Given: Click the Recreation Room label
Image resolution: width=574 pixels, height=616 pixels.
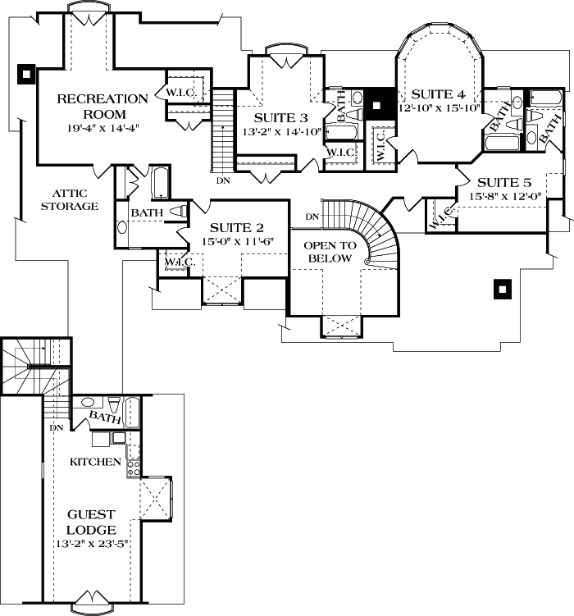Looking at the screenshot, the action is tap(102, 106).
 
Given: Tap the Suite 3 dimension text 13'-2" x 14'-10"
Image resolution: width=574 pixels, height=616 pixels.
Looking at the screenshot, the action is tap(282, 131).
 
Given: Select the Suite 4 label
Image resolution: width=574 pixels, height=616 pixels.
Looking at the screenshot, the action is tap(438, 94).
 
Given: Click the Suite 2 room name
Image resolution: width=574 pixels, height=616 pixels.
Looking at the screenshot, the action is tap(237, 228).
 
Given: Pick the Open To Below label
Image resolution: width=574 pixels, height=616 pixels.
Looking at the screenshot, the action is tap(330, 252).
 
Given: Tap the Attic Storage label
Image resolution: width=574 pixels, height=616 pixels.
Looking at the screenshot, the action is tap(70, 199).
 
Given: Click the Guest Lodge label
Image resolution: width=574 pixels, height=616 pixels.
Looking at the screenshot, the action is tap(92, 522).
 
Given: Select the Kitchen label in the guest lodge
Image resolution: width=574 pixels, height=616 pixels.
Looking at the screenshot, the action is tap(95, 462).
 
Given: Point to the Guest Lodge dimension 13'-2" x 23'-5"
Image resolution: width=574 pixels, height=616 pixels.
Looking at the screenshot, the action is tap(93, 544).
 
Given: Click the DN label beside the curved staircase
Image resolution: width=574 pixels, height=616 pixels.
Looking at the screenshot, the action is tap(312, 217).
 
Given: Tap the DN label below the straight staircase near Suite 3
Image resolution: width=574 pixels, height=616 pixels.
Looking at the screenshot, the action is tap(223, 180).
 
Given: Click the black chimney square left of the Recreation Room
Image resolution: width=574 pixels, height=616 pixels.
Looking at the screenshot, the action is tap(26, 75).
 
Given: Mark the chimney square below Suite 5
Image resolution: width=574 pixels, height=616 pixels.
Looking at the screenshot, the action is tap(503, 290).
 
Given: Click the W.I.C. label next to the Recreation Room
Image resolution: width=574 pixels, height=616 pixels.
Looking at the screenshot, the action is tap(180, 93).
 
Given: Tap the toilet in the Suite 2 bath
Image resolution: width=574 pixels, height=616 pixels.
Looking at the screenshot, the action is tap(179, 212).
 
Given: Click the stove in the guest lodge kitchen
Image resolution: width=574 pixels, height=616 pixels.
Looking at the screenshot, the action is tap(134, 468).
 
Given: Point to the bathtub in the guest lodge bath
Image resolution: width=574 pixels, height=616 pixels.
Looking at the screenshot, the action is tap(132, 413).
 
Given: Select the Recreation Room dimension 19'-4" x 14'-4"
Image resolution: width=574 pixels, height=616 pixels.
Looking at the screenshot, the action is tap(103, 128).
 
